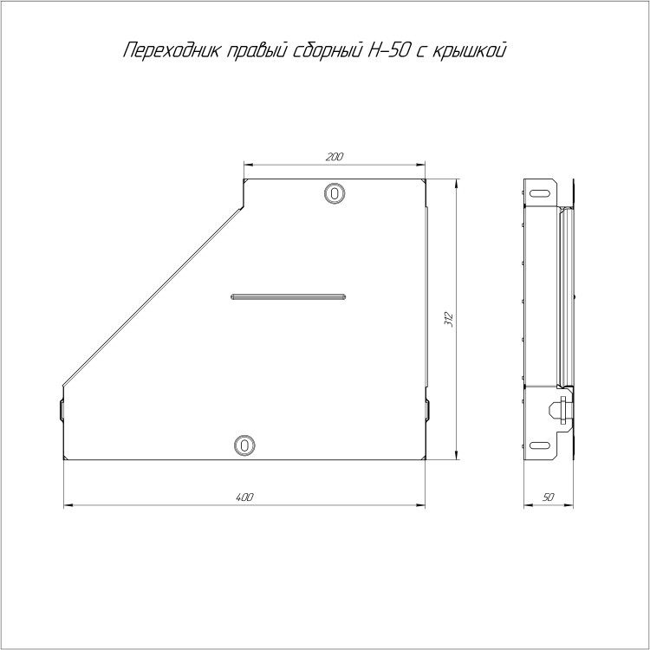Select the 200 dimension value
tap(335, 157)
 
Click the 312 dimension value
tap(449, 319)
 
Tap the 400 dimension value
tap(244, 497)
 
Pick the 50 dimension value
tap(548, 497)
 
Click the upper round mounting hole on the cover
tap(335, 192)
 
